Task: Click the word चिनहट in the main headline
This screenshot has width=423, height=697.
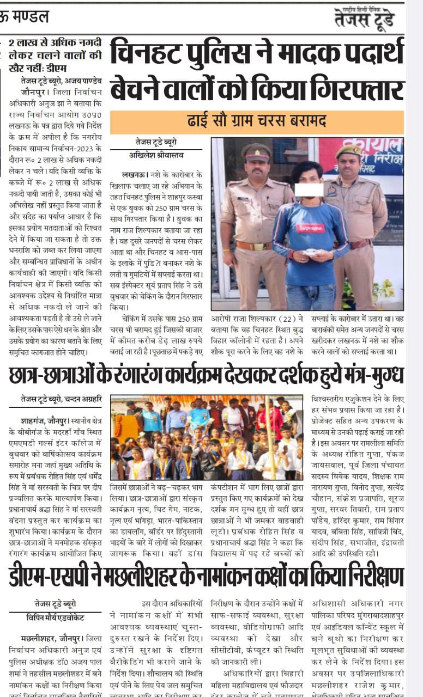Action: pyautogui.click(x=142, y=53)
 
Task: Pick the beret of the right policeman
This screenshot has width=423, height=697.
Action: pyautogui.click(x=348, y=151)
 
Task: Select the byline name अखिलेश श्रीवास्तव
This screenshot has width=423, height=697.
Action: pyautogui.click(x=156, y=155)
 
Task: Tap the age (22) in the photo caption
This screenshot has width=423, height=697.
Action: pyautogui.click(x=298, y=319)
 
